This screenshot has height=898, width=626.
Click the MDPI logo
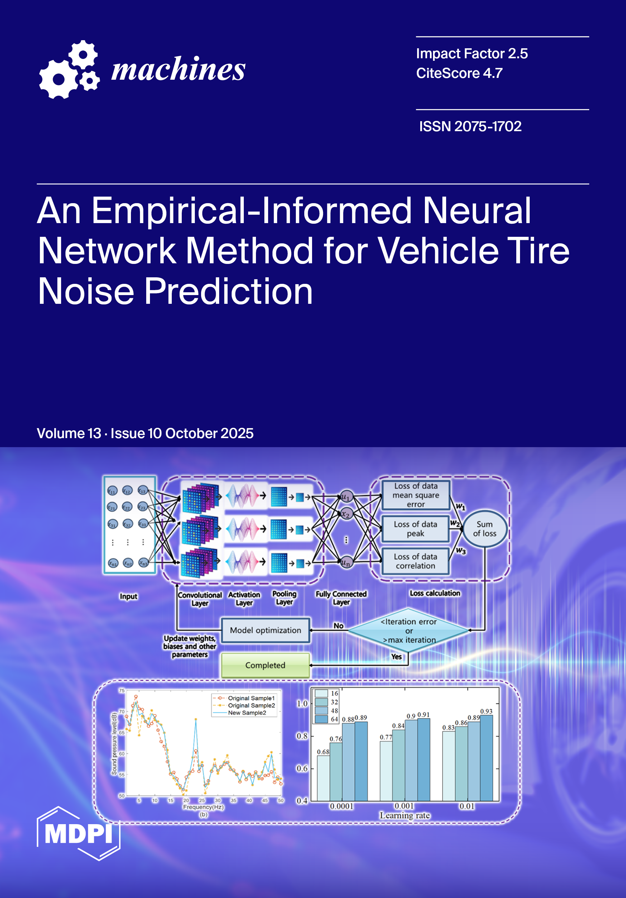pos(78,833)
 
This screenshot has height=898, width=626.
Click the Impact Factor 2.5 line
pos(471,54)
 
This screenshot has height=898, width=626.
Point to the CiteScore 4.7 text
pos(459,73)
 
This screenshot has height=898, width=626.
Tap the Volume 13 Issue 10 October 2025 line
pos(145,433)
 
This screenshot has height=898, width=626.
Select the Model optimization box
pos(265,630)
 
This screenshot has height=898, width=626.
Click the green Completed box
pos(265,665)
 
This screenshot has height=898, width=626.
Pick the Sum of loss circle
pos(484,529)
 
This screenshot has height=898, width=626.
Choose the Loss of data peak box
pos(415,529)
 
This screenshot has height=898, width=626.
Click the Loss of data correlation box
pos(415,561)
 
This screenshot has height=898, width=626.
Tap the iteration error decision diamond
pos(408,630)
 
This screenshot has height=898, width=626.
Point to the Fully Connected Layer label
pos(341,598)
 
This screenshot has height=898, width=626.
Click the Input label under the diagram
pos(128,596)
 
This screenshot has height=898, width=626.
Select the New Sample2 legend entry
pos(247,713)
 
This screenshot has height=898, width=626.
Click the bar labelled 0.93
pos(486,759)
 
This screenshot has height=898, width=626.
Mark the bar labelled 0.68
pos(323,778)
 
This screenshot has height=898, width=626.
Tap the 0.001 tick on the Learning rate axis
pos(404,806)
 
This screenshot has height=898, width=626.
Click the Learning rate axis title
pos(405,815)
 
